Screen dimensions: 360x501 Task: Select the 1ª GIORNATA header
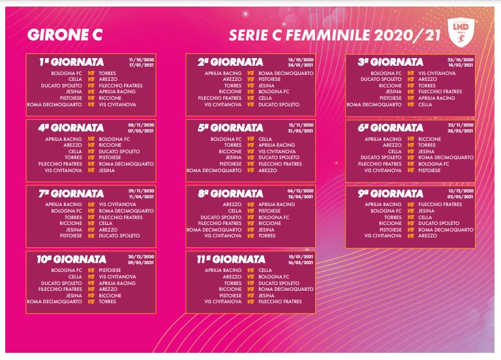click(71, 62)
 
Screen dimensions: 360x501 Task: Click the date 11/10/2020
click(143, 58)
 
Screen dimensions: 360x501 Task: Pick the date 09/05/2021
click(143, 262)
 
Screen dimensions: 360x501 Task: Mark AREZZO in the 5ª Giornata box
click(267, 170)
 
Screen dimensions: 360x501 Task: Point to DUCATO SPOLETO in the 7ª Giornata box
click(119, 235)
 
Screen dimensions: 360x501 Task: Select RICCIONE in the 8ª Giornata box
click(269, 223)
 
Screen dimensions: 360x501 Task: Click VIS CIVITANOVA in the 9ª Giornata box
click(383, 235)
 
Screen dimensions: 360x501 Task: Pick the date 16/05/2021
click(302, 262)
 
